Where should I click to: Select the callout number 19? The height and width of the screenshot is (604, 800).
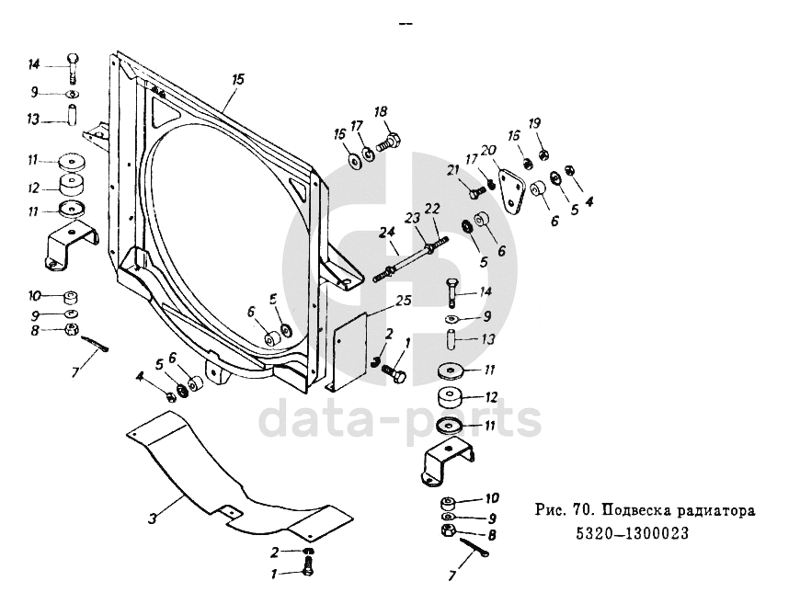[534, 123]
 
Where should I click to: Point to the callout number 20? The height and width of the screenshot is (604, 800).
[488, 150]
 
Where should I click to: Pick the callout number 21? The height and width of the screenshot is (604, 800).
[452, 169]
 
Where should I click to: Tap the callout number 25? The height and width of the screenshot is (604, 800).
[403, 301]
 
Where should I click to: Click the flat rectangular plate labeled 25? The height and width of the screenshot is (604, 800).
[349, 354]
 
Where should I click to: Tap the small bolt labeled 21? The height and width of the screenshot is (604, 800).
[477, 193]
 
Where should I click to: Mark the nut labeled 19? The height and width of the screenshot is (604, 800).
[543, 154]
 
